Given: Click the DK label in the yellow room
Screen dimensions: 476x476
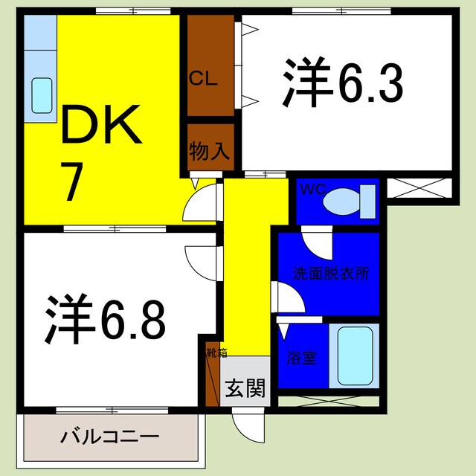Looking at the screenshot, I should (100, 128).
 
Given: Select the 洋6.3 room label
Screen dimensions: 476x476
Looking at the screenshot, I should (342, 86).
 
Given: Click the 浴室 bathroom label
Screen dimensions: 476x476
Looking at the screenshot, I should (302, 357).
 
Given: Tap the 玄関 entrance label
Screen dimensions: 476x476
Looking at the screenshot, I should (245, 388).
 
